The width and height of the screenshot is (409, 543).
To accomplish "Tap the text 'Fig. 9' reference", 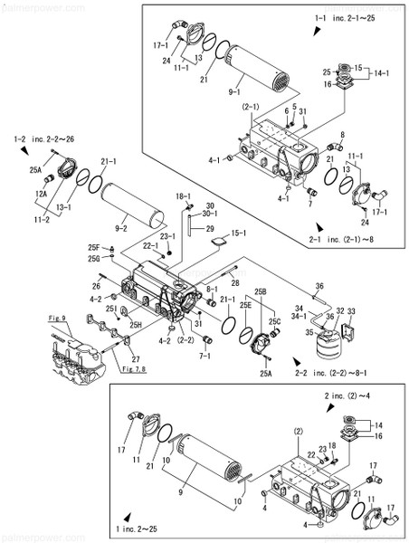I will point(59,319).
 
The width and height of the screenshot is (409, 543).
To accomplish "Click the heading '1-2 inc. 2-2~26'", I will point(46,138).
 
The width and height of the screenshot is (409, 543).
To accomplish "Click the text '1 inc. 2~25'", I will point(146,526).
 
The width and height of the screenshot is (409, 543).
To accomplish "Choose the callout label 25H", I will point(135,324).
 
